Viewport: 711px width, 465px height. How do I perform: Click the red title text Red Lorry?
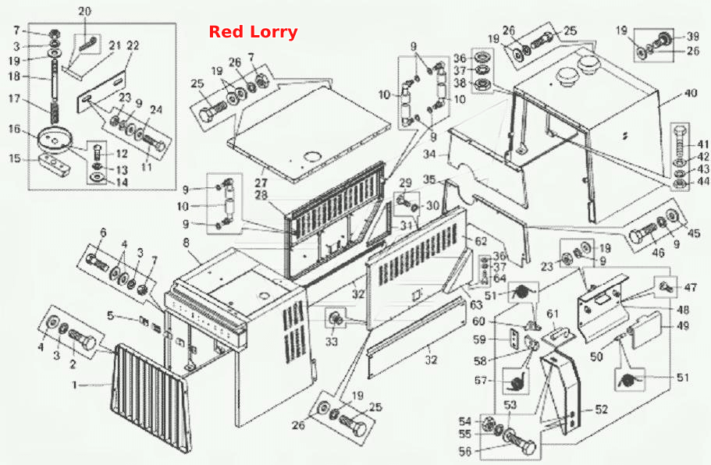click(253, 32)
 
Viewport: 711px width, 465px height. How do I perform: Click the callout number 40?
click(690, 94)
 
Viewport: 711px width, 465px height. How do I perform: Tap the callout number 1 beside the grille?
click(75, 385)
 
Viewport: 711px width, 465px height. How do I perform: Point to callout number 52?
click(601, 410)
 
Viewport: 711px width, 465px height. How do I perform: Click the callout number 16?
click(15, 129)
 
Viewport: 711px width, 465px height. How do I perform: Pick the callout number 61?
click(553, 314)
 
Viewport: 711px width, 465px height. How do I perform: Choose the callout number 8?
click(186, 243)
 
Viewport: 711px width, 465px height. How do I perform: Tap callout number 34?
click(429, 154)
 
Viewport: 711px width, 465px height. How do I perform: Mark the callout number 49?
click(682, 326)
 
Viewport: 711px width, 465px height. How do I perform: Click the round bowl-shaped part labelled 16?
click(54, 140)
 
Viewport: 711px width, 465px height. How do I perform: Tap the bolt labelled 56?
click(520, 443)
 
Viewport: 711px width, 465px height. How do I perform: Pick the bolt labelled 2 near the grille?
click(83, 341)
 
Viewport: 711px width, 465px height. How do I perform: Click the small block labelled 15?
click(55, 165)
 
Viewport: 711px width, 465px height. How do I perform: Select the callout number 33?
click(332, 341)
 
